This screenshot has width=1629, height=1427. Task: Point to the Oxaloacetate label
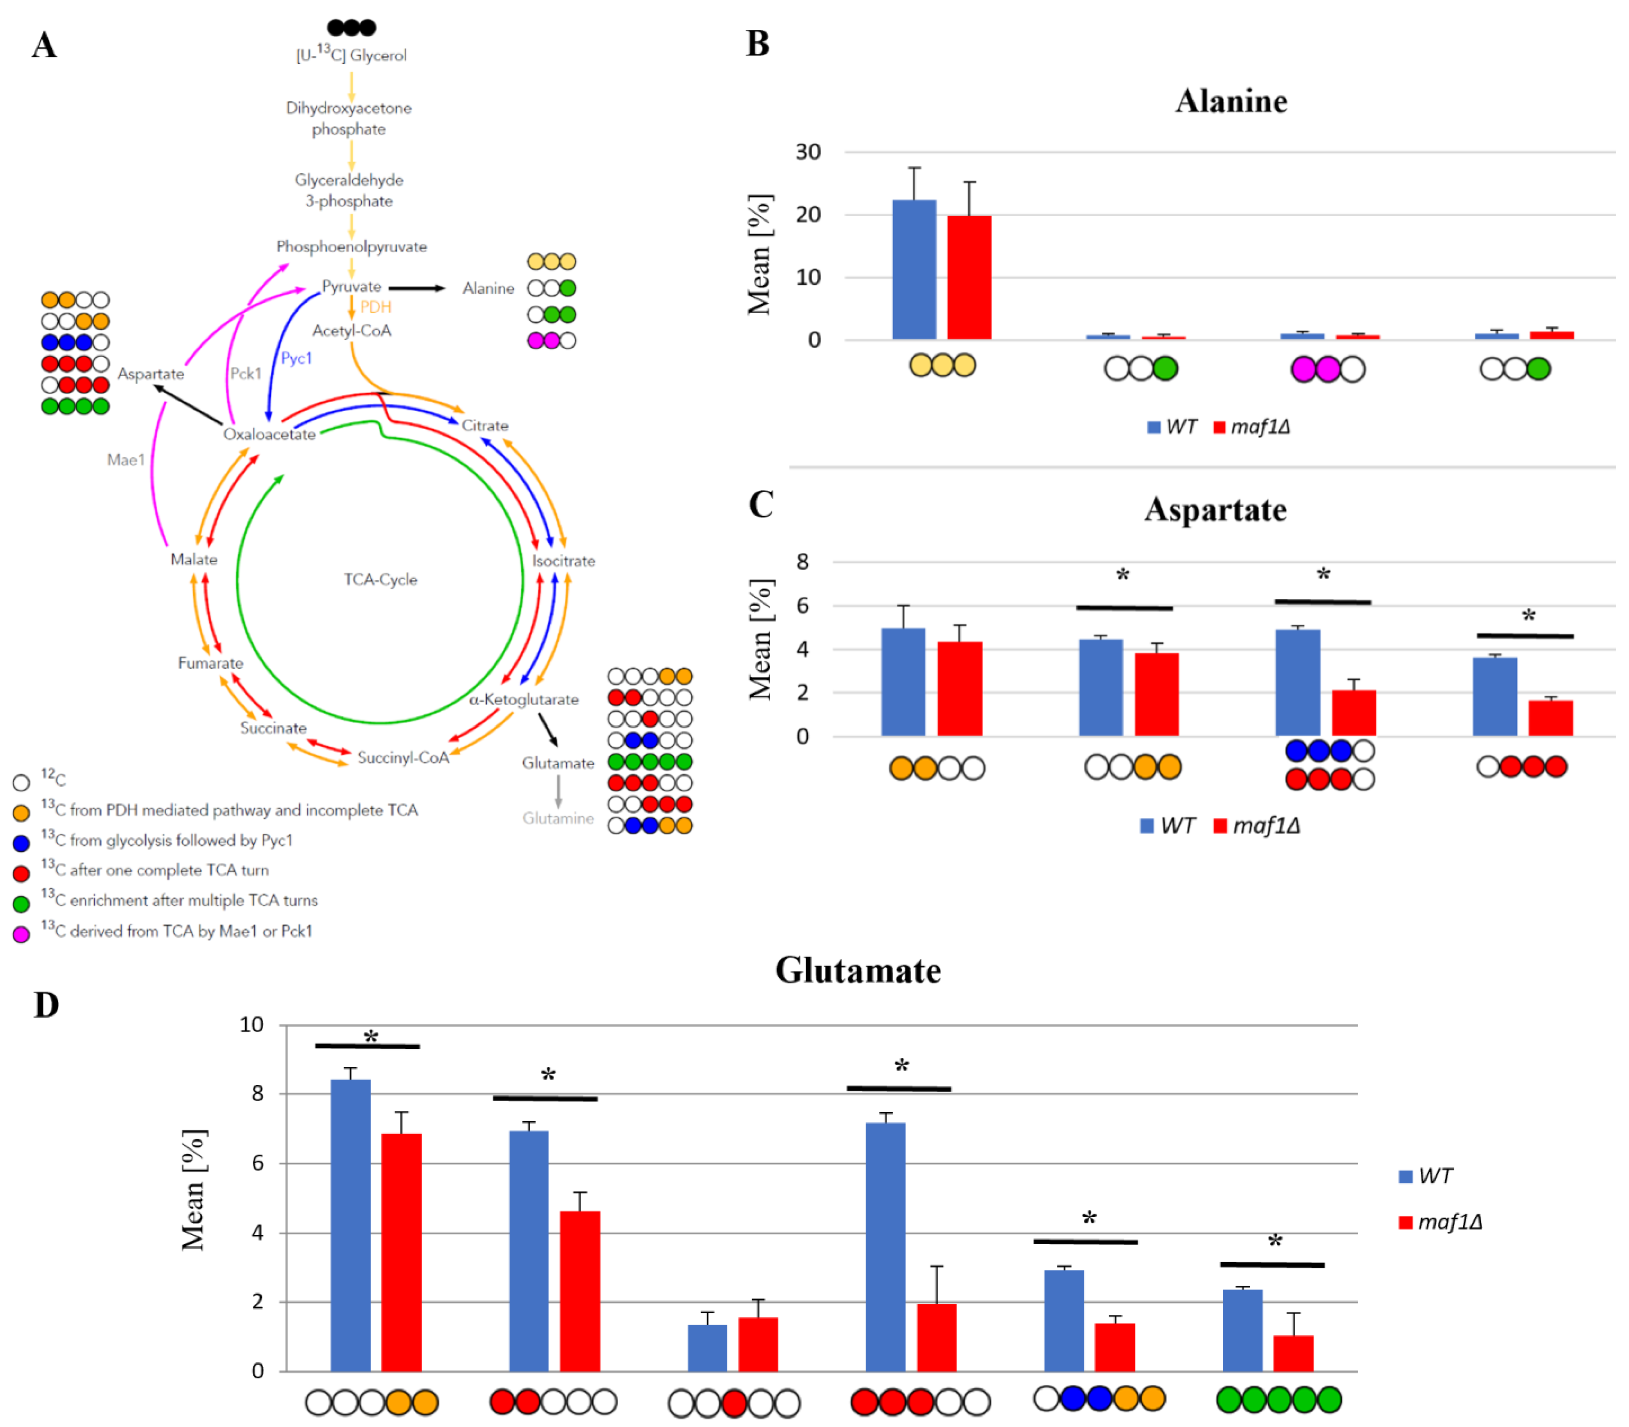pos(269,434)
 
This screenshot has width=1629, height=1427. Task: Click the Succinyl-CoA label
pos(403,757)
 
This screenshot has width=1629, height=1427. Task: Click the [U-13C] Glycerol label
pos(351,55)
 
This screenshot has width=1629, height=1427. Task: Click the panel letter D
pos(46,1005)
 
